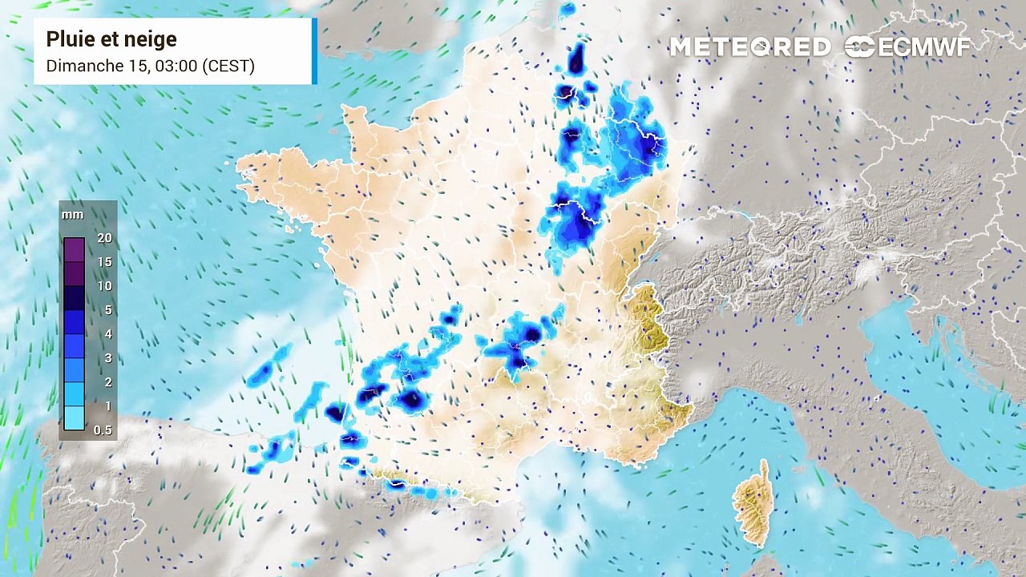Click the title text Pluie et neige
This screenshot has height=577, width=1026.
pyautogui.click(x=111, y=39)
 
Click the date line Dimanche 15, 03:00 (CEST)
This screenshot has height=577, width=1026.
pyautogui.click(x=150, y=66)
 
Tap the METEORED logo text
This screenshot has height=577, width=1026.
pyautogui.click(x=750, y=47)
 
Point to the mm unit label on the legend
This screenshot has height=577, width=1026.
pyautogui.click(x=72, y=215)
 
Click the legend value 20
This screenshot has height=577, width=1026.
pyautogui.click(x=104, y=238)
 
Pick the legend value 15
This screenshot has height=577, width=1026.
pyautogui.click(x=104, y=262)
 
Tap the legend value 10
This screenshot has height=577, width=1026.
pyautogui.click(x=104, y=286)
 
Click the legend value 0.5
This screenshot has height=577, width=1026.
pyautogui.click(x=103, y=430)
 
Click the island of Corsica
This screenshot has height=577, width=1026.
pyautogui.click(x=755, y=505)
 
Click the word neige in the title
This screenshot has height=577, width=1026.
pyautogui.click(x=154, y=39)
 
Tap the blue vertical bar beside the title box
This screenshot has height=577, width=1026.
pyautogui.click(x=314, y=50)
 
